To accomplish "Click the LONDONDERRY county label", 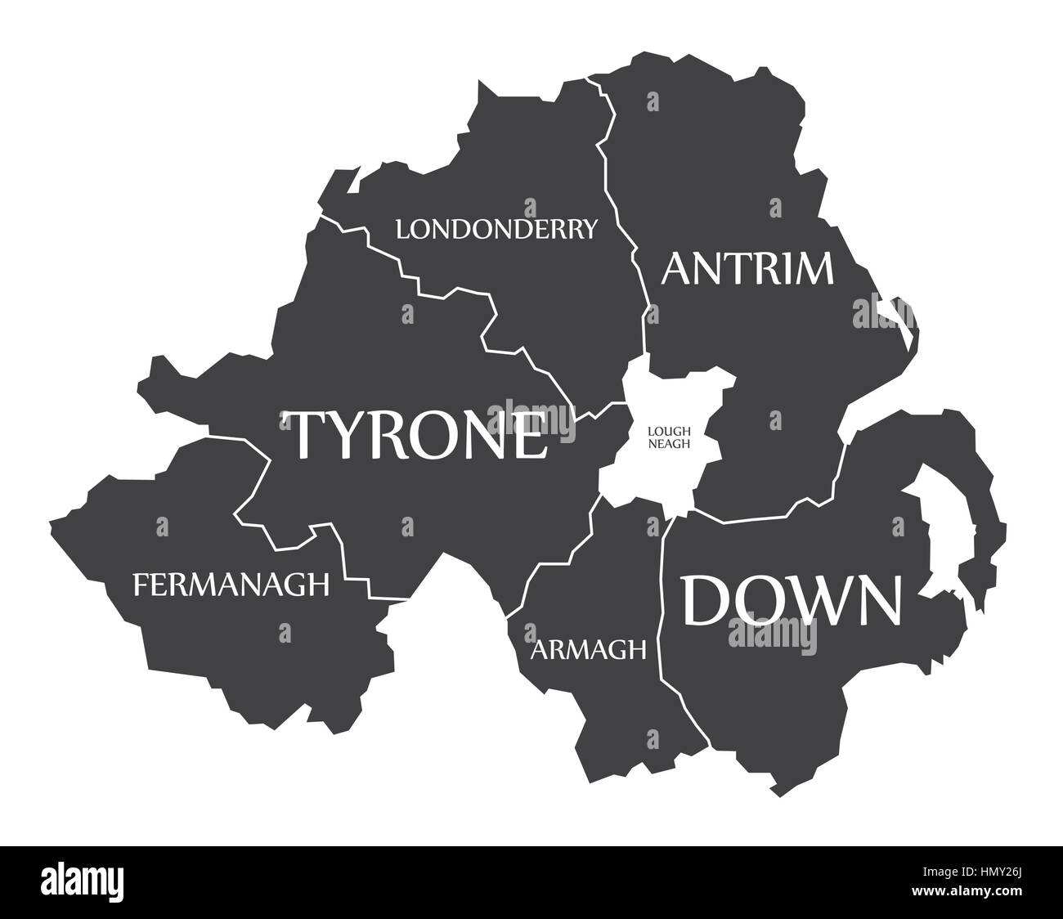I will pyautogui.click(x=496, y=228).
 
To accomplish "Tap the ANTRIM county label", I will pyautogui.click(x=747, y=268).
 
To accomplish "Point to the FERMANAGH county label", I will pyautogui.click(x=231, y=584).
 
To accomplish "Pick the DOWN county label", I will pyautogui.click(x=792, y=600).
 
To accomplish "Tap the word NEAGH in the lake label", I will pyautogui.click(x=669, y=444).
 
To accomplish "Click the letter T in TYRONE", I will pyautogui.click(x=308, y=434).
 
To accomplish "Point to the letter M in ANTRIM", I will pyautogui.click(x=805, y=268).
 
